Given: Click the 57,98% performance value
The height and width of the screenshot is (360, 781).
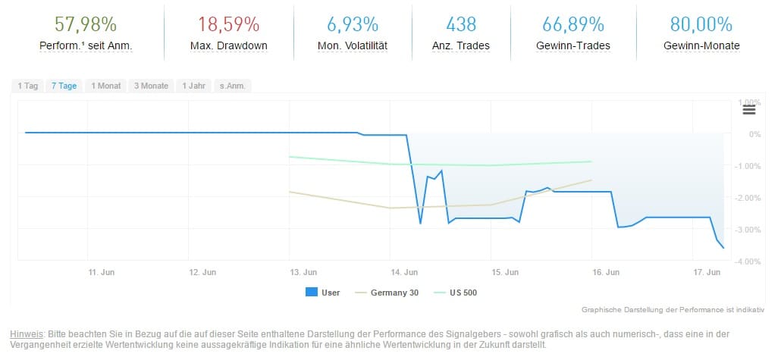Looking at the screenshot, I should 86,23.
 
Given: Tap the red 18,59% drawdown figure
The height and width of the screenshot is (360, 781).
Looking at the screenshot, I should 229,23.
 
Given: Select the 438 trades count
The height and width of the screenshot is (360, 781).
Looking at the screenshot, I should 461,23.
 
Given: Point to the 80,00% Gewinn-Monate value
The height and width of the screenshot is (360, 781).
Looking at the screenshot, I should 701,23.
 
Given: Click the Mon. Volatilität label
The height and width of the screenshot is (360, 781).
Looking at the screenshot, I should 353,45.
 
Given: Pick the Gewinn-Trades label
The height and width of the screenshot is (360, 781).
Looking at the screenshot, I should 573,45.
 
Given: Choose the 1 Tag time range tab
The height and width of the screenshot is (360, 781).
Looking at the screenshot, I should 28,86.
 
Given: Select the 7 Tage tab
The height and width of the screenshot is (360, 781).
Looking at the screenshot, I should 64,86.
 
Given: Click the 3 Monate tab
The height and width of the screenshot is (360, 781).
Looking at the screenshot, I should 152,86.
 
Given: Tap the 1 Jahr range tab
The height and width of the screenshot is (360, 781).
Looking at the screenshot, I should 193,86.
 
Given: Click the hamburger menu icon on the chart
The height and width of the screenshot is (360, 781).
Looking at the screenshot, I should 749,109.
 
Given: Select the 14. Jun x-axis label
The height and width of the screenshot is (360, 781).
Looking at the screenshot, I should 405,271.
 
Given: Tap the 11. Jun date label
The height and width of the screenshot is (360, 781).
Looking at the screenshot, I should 102,271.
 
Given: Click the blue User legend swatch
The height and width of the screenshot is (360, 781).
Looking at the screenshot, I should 311,293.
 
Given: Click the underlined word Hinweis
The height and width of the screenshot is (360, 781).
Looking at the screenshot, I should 26,333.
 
